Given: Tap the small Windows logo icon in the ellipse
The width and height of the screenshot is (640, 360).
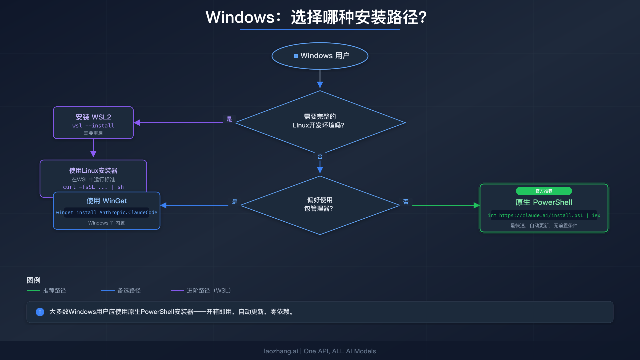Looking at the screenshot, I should (x=296, y=56).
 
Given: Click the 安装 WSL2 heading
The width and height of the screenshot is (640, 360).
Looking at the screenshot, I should (x=93, y=117).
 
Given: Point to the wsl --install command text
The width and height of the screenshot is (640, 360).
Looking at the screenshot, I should (x=93, y=126).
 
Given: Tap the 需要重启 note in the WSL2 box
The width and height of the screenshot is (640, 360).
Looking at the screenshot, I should (x=93, y=133).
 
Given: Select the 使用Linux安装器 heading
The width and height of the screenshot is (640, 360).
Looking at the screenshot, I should (x=93, y=171).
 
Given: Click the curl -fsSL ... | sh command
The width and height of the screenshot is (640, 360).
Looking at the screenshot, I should (x=93, y=187).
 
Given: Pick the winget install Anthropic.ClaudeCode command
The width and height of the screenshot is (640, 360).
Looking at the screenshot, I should (x=106, y=213).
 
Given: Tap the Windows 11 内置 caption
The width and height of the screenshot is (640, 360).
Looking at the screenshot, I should (x=106, y=223).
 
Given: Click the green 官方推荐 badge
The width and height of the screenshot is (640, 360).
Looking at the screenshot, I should (x=544, y=191).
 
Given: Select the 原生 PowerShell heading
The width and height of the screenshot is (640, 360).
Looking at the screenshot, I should (x=544, y=202).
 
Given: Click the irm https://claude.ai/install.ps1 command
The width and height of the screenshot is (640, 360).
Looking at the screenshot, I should (x=544, y=215).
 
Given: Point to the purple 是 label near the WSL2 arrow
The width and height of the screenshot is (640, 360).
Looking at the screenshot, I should (x=229, y=119).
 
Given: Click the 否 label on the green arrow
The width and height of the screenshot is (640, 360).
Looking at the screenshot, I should (x=406, y=202).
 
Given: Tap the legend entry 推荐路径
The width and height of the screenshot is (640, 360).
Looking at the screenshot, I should (x=54, y=290).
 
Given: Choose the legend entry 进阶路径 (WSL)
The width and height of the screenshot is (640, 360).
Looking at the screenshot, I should (x=209, y=290).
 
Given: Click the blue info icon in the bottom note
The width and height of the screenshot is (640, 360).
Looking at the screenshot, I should (x=40, y=312).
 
